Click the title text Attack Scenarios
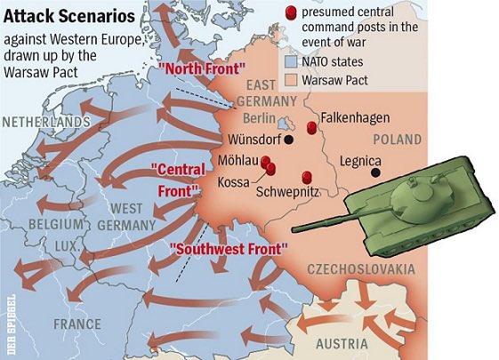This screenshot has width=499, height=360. click(x=67, y=16)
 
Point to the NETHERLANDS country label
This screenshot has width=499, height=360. click(x=46, y=121)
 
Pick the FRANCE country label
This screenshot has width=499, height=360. click(x=76, y=324)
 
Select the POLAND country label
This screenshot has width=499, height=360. click(x=397, y=140)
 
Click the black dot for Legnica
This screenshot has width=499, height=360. click(x=375, y=172)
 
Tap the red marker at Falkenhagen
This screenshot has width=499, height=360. click(x=311, y=128)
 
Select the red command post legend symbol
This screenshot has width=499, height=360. click(x=291, y=12)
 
